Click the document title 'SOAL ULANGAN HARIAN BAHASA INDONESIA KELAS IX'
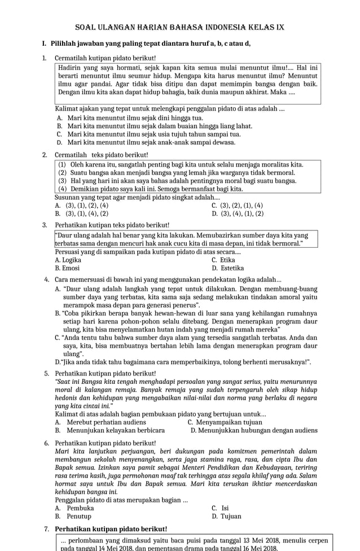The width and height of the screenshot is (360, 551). pyautogui.click(x=179, y=27)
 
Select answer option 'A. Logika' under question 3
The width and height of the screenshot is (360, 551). pyautogui.click(x=68, y=260)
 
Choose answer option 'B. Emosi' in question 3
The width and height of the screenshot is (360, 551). pyautogui.click(x=67, y=268)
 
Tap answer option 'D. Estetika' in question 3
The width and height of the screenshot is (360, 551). pyautogui.click(x=227, y=268)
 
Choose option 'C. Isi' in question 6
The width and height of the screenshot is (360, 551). pyautogui.click(x=219, y=508)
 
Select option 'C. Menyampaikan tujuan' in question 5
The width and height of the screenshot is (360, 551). pyautogui.click(x=225, y=422)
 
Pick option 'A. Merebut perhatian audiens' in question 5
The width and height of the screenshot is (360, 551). pyautogui.click(x=100, y=422)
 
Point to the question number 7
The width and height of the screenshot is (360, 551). pyautogui.click(x=46, y=529)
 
